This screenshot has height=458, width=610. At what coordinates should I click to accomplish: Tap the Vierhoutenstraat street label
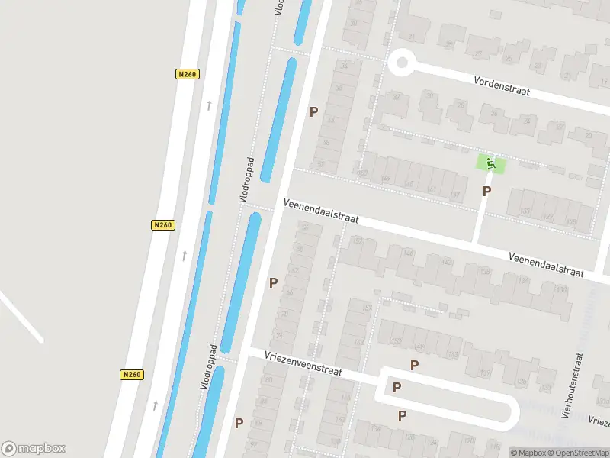pyautogui.click(x=571, y=385)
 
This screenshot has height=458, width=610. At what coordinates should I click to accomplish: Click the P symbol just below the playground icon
pyautogui.click(x=486, y=191)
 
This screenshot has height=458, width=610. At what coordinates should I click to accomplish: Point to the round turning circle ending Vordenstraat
pyautogui.click(x=400, y=63)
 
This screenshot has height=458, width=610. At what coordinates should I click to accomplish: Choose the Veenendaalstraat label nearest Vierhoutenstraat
pyautogui.click(x=546, y=264)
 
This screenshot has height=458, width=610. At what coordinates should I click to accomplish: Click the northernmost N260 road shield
pyautogui.click(x=186, y=74)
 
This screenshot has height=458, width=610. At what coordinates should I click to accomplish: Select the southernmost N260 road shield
pyautogui.click(x=131, y=375)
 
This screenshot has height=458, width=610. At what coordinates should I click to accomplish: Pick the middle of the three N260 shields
pyautogui.click(x=162, y=225)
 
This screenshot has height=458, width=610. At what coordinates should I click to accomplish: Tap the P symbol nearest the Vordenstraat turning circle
pyautogui.click(x=313, y=111)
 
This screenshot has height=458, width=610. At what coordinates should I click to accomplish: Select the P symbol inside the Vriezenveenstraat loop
pyautogui.click(x=396, y=387)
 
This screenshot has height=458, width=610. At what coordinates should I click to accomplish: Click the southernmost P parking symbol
pyautogui.click(x=239, y=423)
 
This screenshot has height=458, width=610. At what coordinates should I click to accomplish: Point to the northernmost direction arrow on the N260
pyautogui.click(x=208, y=105)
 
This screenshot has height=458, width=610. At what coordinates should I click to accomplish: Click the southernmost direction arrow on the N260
pyautogui.click(x=155, y=405)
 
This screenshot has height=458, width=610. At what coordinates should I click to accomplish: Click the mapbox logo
pyautogui.click(x=34, y=448)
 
